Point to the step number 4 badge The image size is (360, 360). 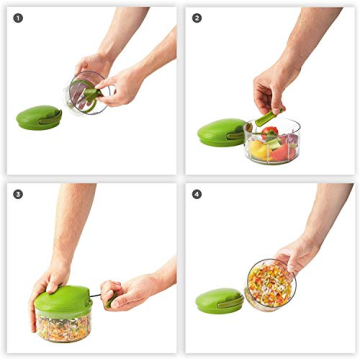(x=197, y=194)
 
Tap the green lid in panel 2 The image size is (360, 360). (x=220, y=131)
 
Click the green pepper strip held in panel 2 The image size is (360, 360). (x=265, y=119)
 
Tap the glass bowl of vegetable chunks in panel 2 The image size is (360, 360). (x=271, y=142)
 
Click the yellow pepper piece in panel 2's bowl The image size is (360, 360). (x=258, y=151)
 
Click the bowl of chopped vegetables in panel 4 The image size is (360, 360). (x=271, y=284)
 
